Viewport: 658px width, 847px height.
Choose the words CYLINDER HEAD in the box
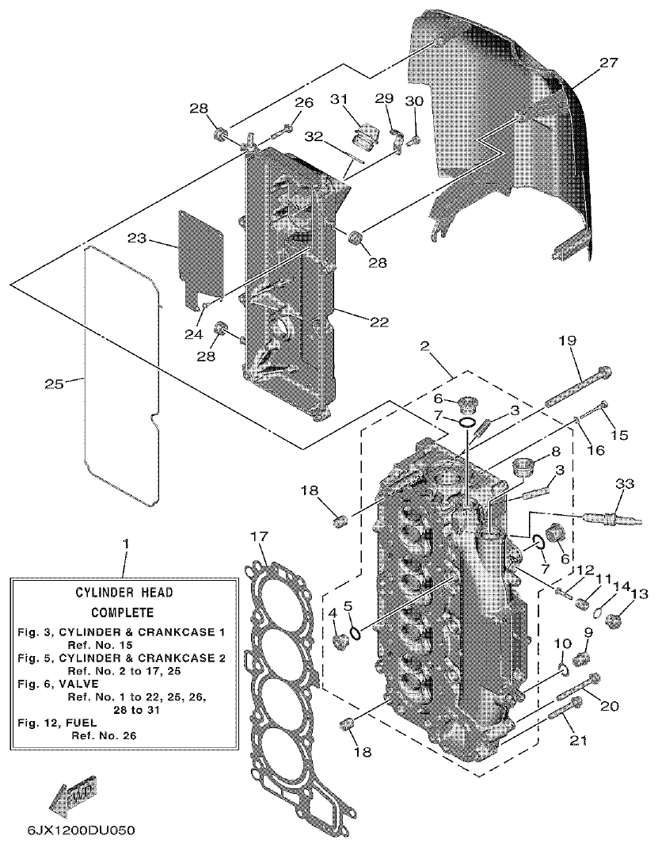pos(124,592)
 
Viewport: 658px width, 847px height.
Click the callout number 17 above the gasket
pos(259,536)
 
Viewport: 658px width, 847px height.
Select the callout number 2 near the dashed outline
pos(425,345)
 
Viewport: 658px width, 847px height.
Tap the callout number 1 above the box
pos(124,546)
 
